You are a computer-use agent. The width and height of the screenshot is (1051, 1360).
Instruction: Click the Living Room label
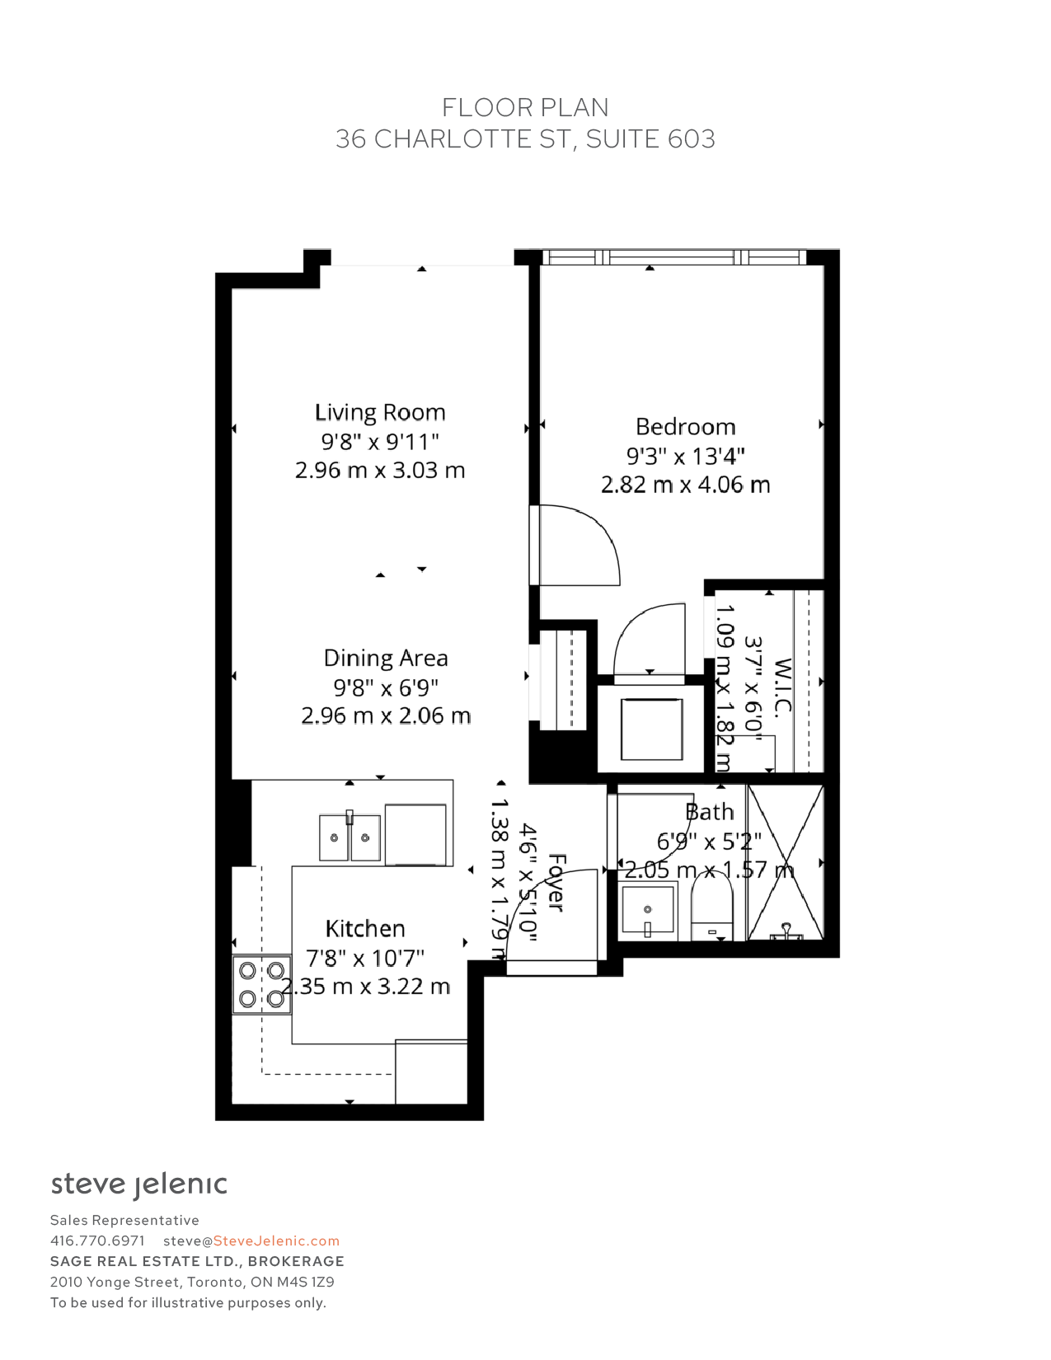(x=380, y=412)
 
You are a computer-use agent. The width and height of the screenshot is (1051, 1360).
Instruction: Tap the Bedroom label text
(x=686, y=427)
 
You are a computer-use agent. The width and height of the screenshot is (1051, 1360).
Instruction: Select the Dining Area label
(x=386, y=659)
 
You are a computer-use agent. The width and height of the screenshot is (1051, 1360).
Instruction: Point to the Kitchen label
(x=365, y=929)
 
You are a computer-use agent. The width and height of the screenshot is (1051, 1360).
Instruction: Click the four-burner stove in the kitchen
(x=261, y=984)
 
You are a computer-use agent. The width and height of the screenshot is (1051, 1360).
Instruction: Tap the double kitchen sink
(x=350, y=837)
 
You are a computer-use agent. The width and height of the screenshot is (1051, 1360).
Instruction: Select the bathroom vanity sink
(x=648, y=911)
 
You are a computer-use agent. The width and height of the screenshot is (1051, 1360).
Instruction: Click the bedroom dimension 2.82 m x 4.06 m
(x=686, y=485)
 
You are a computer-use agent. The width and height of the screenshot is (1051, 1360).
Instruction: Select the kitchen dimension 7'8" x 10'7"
(x=365, y=958)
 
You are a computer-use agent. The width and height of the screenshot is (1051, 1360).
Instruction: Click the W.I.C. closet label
(x=783, y=685)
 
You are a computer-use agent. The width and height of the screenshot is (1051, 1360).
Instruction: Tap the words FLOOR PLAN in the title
(x=525, y=108)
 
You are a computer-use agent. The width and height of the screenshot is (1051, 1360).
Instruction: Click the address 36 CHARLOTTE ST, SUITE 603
(x=525, y=139)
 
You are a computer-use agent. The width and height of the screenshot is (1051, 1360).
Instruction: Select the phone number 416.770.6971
(x=97, y=1240)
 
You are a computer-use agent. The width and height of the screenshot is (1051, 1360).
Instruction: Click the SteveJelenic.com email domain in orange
(x=276, y=1240)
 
